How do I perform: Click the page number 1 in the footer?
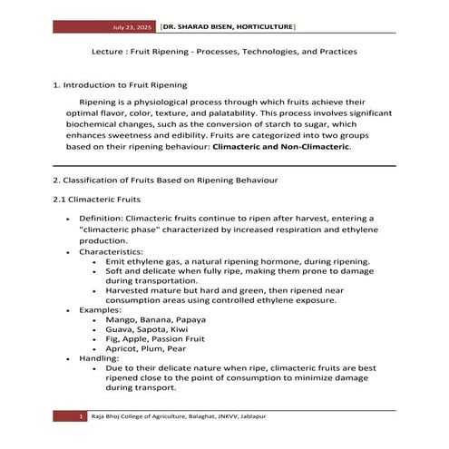click(82, 415)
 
